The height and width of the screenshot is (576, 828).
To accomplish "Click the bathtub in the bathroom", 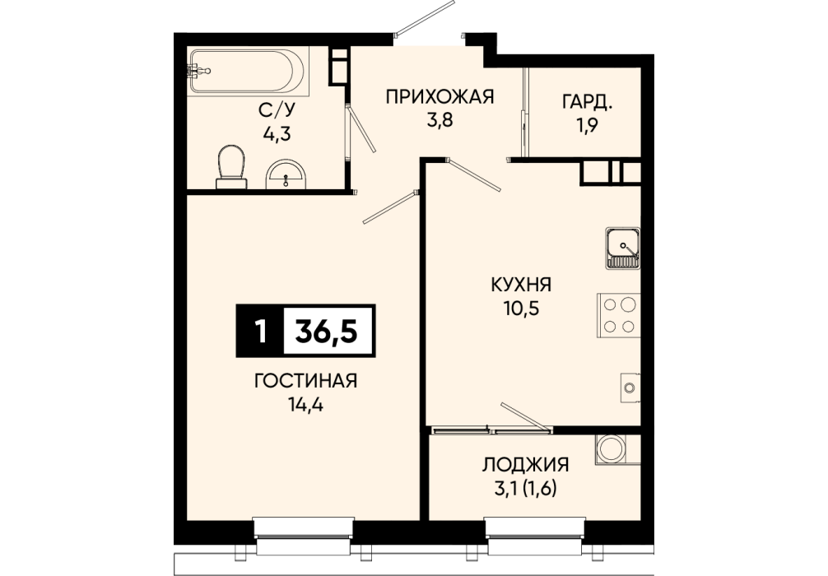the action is click(247, 72).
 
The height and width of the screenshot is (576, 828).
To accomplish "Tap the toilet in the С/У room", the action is click(231, 167).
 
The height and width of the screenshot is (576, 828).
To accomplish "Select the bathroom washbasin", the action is click(286, 174).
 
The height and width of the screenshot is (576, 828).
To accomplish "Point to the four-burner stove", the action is click(618, 315).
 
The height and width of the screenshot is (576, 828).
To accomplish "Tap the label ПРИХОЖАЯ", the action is click(440, 97).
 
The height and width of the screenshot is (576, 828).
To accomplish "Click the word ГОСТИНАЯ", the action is click(305, 381).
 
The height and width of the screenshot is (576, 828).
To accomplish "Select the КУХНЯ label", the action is click(521, 285).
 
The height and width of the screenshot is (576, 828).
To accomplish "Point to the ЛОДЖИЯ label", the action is click(525, 465).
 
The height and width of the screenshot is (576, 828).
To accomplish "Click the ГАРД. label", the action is click(587, 102).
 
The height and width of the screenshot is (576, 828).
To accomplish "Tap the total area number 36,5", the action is click(327, 331).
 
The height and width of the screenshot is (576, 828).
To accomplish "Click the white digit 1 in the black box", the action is click(259, 332).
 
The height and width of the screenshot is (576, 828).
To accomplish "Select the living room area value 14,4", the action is click(305, 404).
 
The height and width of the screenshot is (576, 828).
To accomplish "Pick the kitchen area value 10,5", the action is click(521, 309).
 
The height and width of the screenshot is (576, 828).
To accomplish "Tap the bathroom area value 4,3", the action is click(277, 133).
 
